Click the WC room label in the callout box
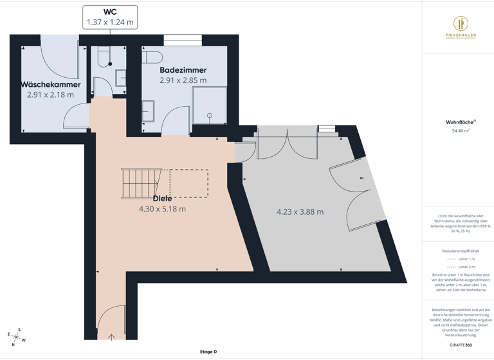[x=110, y=12]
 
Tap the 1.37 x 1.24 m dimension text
[x=110, y=22]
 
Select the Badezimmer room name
[x=183, y=70]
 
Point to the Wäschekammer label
[x=50, y=84]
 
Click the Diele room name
[x=162, y=199]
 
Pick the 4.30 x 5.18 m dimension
[x=162, y=209]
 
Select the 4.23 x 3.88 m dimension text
[x=300, y=212]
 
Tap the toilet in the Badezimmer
[x=151, y=57]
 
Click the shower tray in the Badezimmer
[x=210, y=104]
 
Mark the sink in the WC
[x=121, y=78]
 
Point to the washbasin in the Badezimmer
[x=148, y=111]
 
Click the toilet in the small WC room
[x=105, y=57]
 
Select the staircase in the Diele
[x=142, y=183]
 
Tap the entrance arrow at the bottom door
[x=112, y=336]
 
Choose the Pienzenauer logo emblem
[x=461, y=24]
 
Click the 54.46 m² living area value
[x=461, y=130]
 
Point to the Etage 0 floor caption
[x=208, y=352]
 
